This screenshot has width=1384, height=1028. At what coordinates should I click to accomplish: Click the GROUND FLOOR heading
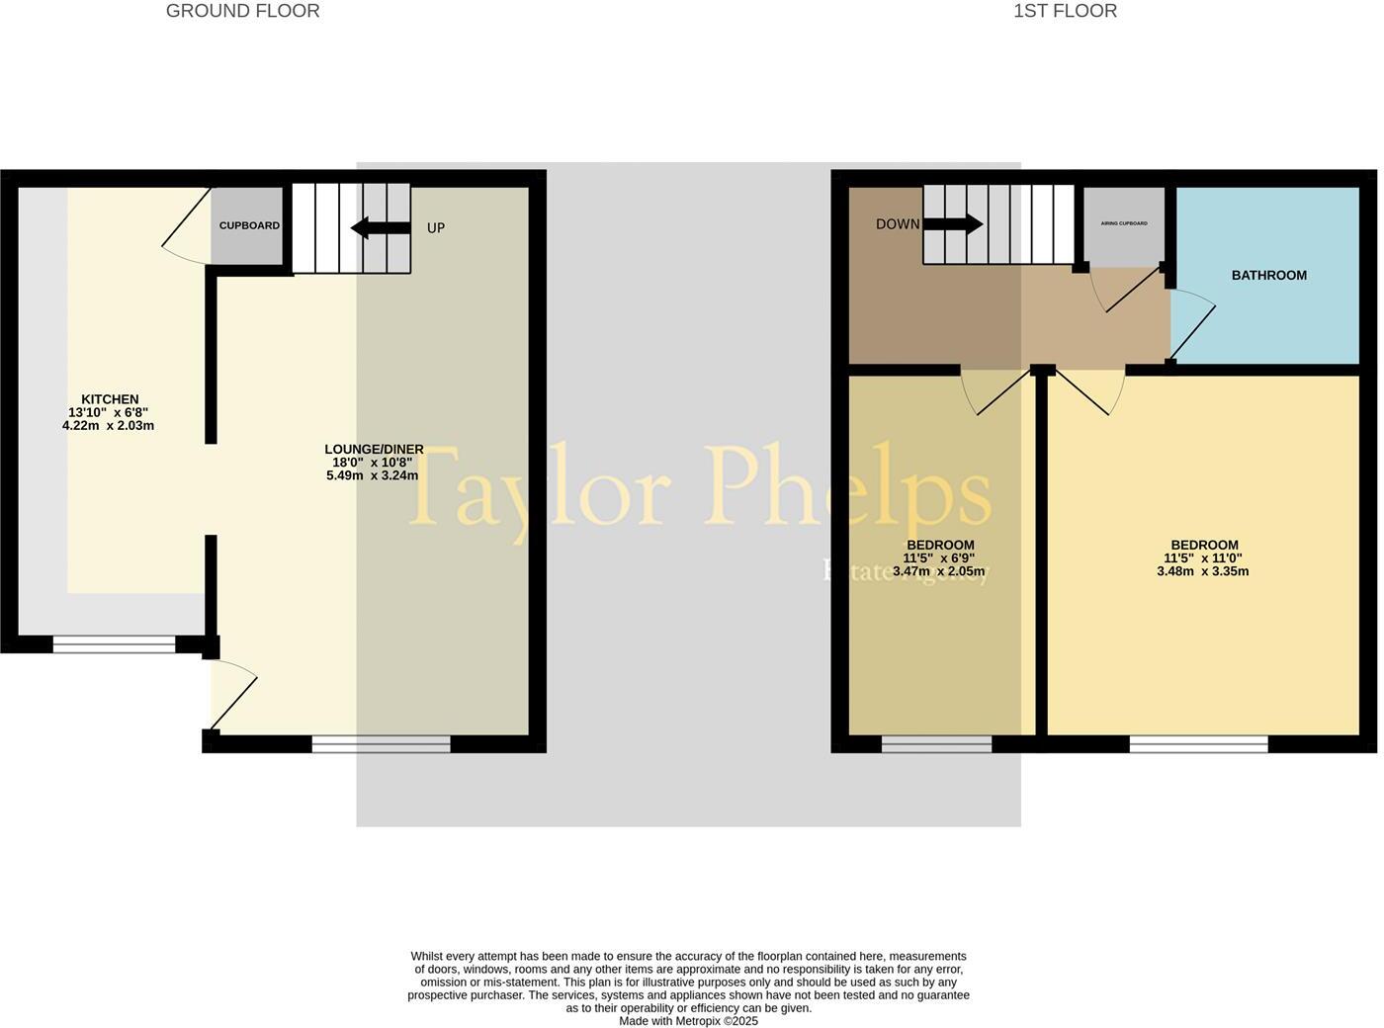[x=242, y=12]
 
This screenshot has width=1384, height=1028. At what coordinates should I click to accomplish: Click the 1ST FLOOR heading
[x=1065, y=12]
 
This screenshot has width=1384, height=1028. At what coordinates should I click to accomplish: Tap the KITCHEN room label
[x=110, y=399]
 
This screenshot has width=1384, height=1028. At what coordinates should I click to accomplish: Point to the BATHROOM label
[x=1268, y=276]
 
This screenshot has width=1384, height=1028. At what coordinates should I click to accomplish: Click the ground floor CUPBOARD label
[x=249, y=225]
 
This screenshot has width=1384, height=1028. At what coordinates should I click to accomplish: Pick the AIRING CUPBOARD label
[x=1124, y=223]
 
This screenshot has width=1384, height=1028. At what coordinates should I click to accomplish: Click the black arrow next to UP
[x=381, y=228]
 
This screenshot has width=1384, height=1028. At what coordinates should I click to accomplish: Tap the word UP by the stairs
[x=436, y=228]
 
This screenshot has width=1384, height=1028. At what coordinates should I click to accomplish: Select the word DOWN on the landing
[x=898, y=224]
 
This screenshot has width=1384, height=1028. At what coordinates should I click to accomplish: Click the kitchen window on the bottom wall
[x=114, y=644]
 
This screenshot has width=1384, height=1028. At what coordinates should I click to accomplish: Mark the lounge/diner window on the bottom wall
[x=381, y=744]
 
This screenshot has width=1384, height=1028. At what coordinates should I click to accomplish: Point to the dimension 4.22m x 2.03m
[x=108, y=426]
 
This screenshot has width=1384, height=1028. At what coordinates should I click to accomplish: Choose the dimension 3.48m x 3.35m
[x=1202, y=571]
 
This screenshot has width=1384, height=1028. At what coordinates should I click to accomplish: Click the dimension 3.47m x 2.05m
[x=939, y=571]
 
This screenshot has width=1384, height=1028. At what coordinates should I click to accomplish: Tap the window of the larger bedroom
[x=1198, y=744]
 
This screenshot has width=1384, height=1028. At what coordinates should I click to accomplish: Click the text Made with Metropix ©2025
[x=688, y=1021]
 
